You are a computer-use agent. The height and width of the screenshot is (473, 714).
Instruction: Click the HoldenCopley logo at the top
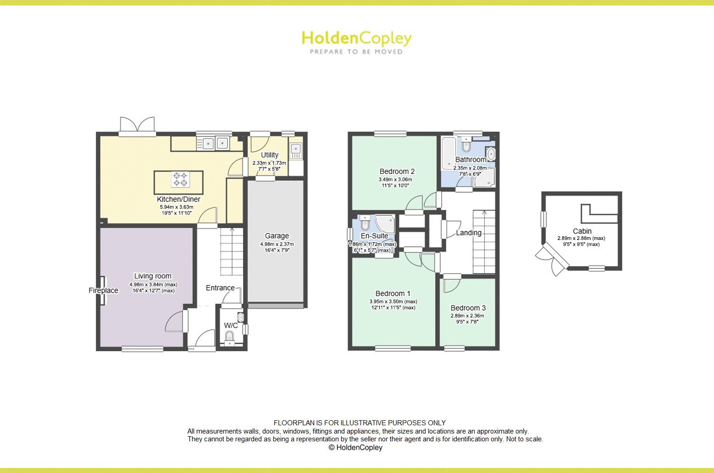(356, 42)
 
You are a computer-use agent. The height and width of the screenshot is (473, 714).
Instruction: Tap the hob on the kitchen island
(180, 179)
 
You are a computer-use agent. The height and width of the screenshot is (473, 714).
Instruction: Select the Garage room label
(277, 236)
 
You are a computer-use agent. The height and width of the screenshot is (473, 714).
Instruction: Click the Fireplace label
(103, 290)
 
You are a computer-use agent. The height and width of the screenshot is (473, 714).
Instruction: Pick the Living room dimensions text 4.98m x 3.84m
(153, 284)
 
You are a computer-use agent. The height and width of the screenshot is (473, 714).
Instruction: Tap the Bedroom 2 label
(397, 171)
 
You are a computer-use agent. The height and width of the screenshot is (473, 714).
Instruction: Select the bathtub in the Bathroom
(449, 153)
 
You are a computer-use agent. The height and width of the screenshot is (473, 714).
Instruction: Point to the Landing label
(469, 233)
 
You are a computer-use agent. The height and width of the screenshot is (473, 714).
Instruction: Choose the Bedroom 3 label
(468, 308)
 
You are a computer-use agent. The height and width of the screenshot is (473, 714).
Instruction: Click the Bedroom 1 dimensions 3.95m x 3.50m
(393, 301)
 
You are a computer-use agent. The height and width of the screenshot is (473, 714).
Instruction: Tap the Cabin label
(582, 231)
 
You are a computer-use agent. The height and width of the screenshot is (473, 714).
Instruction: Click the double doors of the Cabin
(552, 260)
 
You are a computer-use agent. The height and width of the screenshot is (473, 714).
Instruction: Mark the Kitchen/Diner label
(178, 199)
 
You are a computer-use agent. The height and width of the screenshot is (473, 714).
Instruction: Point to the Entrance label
(220, 288)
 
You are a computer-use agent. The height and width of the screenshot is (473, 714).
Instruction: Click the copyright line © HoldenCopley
(355, 447)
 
